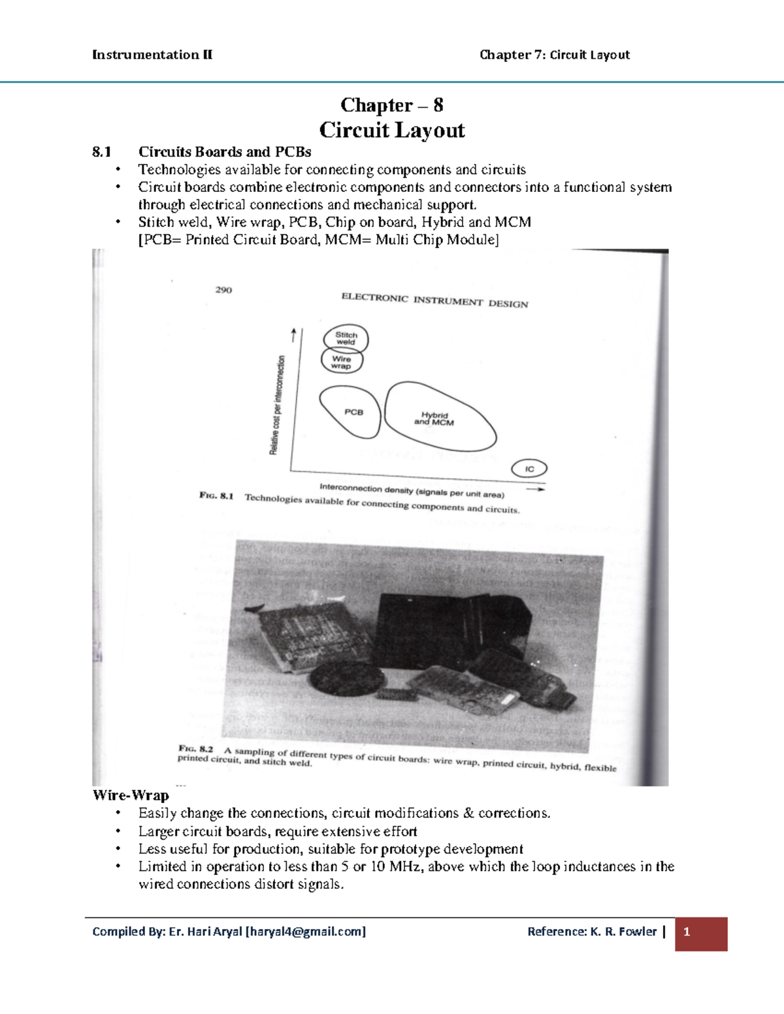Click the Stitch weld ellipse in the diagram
[346, 338]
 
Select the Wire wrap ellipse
[342, 361]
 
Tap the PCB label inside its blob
[353, 412]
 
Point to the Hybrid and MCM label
[434, 419]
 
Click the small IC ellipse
[529, 469]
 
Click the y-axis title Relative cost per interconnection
[278, 405]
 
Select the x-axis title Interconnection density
[412, 490]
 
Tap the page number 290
[223, 290]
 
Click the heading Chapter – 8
[391, 105]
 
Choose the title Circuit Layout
[391, 130]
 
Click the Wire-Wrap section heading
[131, 795]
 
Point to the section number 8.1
[101, 152]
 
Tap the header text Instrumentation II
[152, 55]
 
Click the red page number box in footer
[700, 933]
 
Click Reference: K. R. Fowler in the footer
[591, 932]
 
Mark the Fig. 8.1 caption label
[216, 496]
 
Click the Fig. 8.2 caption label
[196, 748]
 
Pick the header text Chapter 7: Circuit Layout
[554, 55]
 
